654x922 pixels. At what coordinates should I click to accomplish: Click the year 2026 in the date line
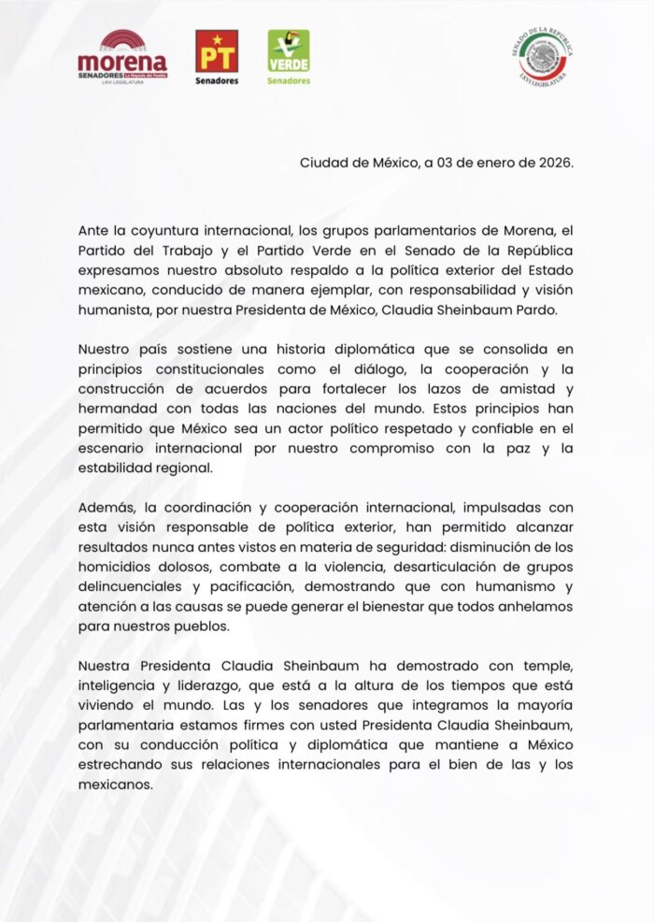click(554, 162)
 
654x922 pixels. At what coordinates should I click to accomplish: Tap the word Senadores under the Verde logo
click(289, 81)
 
